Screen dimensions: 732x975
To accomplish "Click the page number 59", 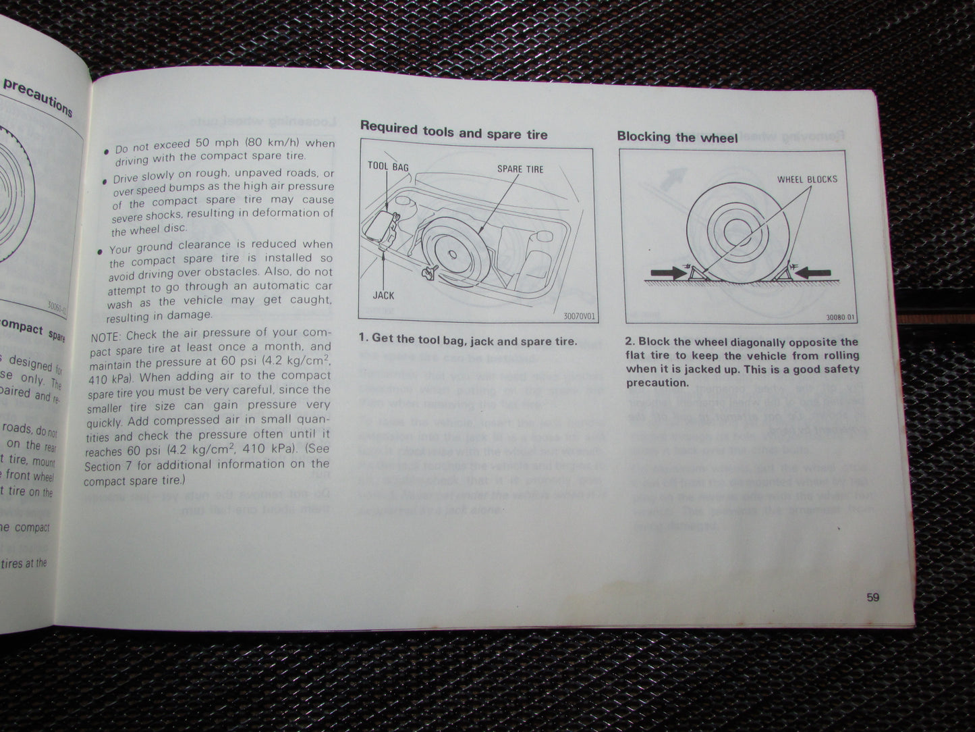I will pos(873,597).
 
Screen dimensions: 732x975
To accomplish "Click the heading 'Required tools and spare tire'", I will pos(453,131).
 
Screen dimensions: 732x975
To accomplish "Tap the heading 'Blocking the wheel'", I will pos(677,137).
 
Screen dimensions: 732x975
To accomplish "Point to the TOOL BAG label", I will pos(388,166).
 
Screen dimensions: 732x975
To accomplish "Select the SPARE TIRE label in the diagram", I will pos(520,169).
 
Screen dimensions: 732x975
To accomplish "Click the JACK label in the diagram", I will pos(383,295).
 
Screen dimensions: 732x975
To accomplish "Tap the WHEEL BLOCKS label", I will pos(807,180).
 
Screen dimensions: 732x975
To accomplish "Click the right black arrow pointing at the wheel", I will pos(814,272).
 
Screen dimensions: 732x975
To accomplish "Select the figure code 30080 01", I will pos(840,318).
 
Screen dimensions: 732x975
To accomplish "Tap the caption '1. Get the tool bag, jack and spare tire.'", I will pos(468,340).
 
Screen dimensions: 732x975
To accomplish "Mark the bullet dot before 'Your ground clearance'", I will pos(101,251).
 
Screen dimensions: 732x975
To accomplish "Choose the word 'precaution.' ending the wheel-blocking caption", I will pos(657,383).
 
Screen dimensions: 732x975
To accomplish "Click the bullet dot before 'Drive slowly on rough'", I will pos(105,181).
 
